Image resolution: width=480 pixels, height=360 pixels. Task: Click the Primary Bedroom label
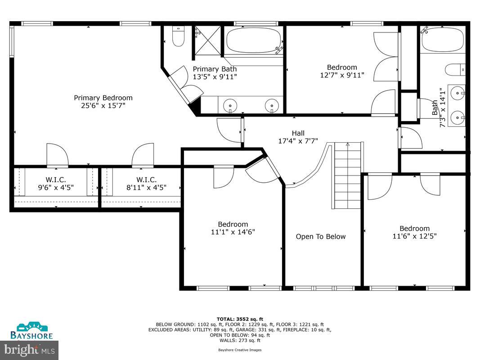[x=103, y=98]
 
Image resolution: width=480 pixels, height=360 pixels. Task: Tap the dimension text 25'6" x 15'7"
[x=103, y=106]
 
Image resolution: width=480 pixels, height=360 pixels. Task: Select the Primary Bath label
[x=215, y=69]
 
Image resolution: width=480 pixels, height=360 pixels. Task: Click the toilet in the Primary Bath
[x=178, y=37]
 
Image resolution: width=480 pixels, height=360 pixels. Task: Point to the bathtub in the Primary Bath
[x=254, y=41]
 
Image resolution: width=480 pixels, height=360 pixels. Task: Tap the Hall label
[x=298, y=133]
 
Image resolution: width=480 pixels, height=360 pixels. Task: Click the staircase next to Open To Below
[x=347, y=175]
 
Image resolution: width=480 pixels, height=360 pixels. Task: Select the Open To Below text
[x=321, y=237]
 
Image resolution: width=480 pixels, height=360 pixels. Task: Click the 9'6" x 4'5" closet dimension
[x=56, y=188]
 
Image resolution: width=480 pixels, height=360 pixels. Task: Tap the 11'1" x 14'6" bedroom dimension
[x=233, y=232]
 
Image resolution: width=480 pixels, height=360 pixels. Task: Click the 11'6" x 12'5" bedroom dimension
[x=414, y=236]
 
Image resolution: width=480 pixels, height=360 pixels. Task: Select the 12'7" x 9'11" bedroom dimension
[x=342, y=75]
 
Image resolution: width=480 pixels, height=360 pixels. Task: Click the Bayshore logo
[x=32, y=331]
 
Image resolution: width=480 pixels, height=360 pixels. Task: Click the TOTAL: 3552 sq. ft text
[x=239, y=318]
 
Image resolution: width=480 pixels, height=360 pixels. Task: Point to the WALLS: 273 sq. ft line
[x=239, y=340]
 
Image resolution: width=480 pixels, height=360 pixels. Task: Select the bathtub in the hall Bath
[x=442, y=40]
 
